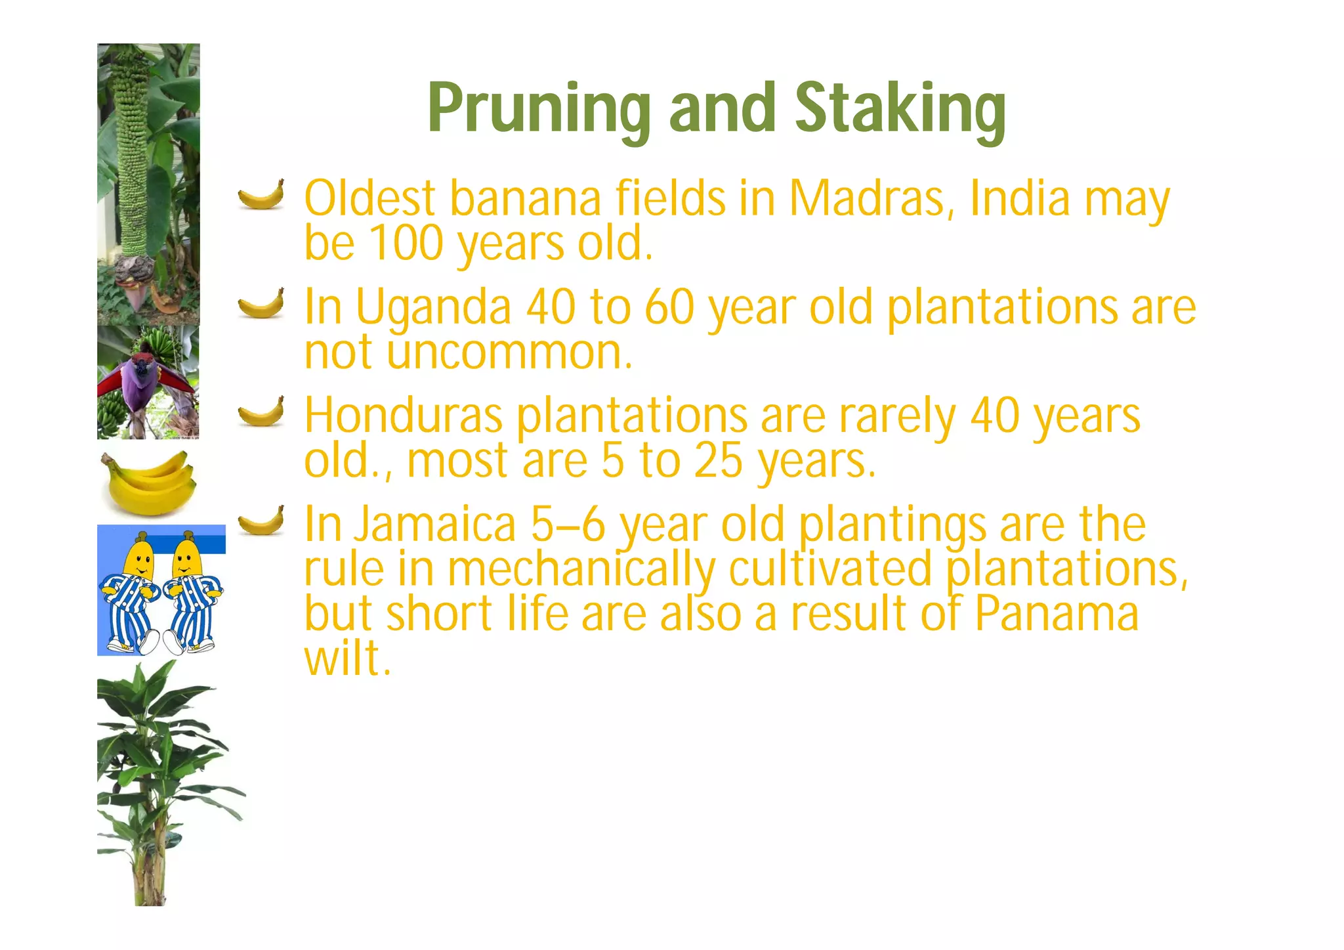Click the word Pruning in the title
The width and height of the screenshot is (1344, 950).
(539, 109)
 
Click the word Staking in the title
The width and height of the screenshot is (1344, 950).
(900, 109)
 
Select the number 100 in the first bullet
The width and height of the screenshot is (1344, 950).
(406, 243)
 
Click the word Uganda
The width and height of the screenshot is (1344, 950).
(433, 309)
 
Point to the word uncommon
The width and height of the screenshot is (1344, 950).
(509, 353)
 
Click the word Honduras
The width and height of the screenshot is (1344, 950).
(404, 416)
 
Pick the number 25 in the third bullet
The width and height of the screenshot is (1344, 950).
(718, 460)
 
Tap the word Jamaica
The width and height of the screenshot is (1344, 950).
(436, 525)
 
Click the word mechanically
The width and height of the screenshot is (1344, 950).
(581, 569)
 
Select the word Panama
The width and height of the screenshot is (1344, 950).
(1056, 613)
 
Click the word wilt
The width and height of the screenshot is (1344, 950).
(348, 657)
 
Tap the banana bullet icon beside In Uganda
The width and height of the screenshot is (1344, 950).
(261, 303)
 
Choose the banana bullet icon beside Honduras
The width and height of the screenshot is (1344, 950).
(261, 412)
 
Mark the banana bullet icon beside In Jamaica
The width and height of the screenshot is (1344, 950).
(261, 521)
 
